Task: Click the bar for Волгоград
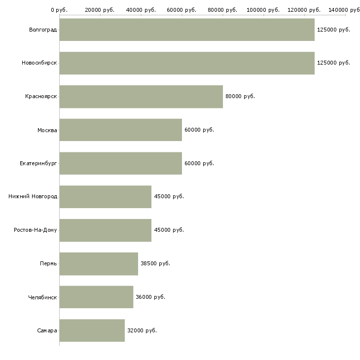tap(187, 30)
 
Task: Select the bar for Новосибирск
tap(187, 63)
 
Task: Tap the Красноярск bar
tap(141, 96)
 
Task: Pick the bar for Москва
tap(121, 130)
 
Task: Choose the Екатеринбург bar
tap(121, 163)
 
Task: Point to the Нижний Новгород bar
tap(106, 196)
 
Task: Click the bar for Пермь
tap(99, 263)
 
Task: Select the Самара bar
tap(92, 330)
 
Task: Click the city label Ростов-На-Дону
tap(36, 230)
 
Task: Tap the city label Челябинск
tap(42, 297)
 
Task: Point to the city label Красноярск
tap(41, 96)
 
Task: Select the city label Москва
tap(47, 130)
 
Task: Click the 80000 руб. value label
tap(240, 96)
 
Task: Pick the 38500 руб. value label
tap(155, 263)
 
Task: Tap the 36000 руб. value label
tap(150, 297)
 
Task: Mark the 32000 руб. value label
tap(142, 330)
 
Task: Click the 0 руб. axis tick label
tap(59, 10)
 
